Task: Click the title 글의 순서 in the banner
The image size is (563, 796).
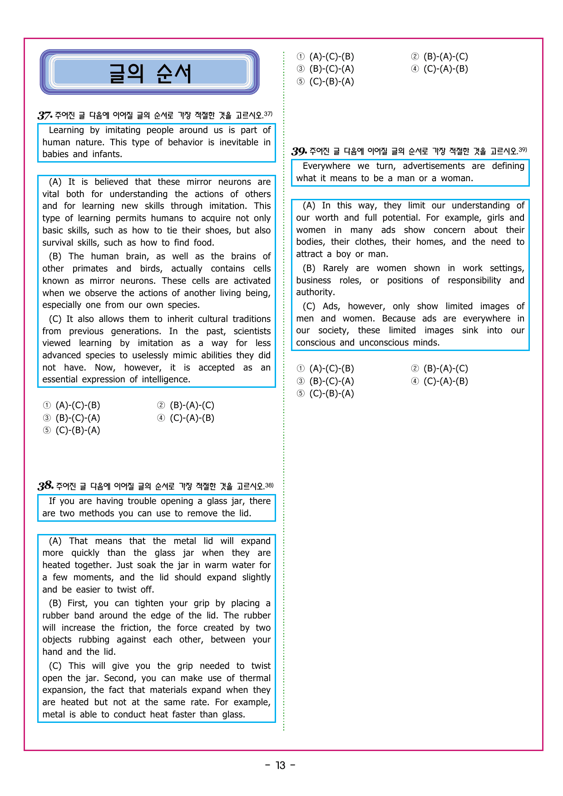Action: coord(150,73)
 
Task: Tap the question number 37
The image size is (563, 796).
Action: coord(45,115)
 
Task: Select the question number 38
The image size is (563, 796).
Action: coord(45,486)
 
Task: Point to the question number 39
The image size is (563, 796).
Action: coord(299,151)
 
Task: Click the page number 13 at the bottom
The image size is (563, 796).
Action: coord(281,766)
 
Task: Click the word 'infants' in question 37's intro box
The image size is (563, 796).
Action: coord(107,154)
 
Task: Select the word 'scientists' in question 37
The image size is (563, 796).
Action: coord(252,331)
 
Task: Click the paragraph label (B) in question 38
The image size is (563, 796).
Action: coord(55,603)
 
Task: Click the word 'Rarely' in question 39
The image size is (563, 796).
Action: coord(336,268)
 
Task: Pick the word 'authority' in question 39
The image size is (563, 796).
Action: coord(315,292)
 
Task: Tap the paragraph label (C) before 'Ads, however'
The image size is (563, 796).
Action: coord(309,307)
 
